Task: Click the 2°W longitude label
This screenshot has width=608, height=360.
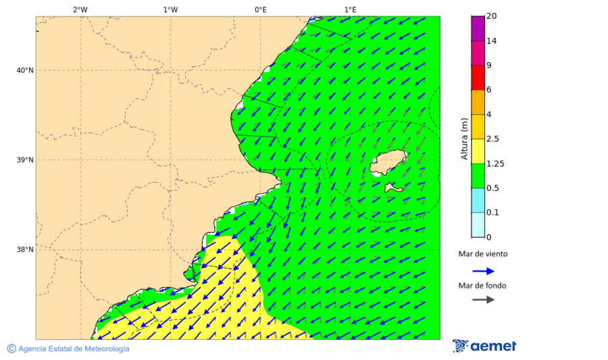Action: [x=80, y=9]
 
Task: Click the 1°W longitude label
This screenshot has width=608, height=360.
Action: [x=170, y=9]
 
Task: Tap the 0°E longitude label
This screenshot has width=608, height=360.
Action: [x=260, y=9]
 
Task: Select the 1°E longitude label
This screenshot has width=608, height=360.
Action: [x=350, y=9]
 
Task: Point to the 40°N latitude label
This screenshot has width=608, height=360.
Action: [x=25, y=70]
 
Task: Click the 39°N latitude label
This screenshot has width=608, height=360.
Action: [x=25, y=160]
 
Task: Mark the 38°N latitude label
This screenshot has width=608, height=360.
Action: [x=25, y=250]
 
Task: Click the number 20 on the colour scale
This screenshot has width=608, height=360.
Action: [x=492, y=16]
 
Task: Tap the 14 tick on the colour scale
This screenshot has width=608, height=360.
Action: [x=492, y=41]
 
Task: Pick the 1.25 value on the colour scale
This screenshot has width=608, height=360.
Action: [x=495, y=163]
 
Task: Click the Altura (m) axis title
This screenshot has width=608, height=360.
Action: [x=464, y=138]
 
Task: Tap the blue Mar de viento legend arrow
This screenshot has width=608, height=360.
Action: [x=483, y=271]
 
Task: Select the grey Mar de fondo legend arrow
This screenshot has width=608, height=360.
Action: [x=483, y=300]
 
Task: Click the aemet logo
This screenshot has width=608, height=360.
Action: [x=484, y=346]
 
